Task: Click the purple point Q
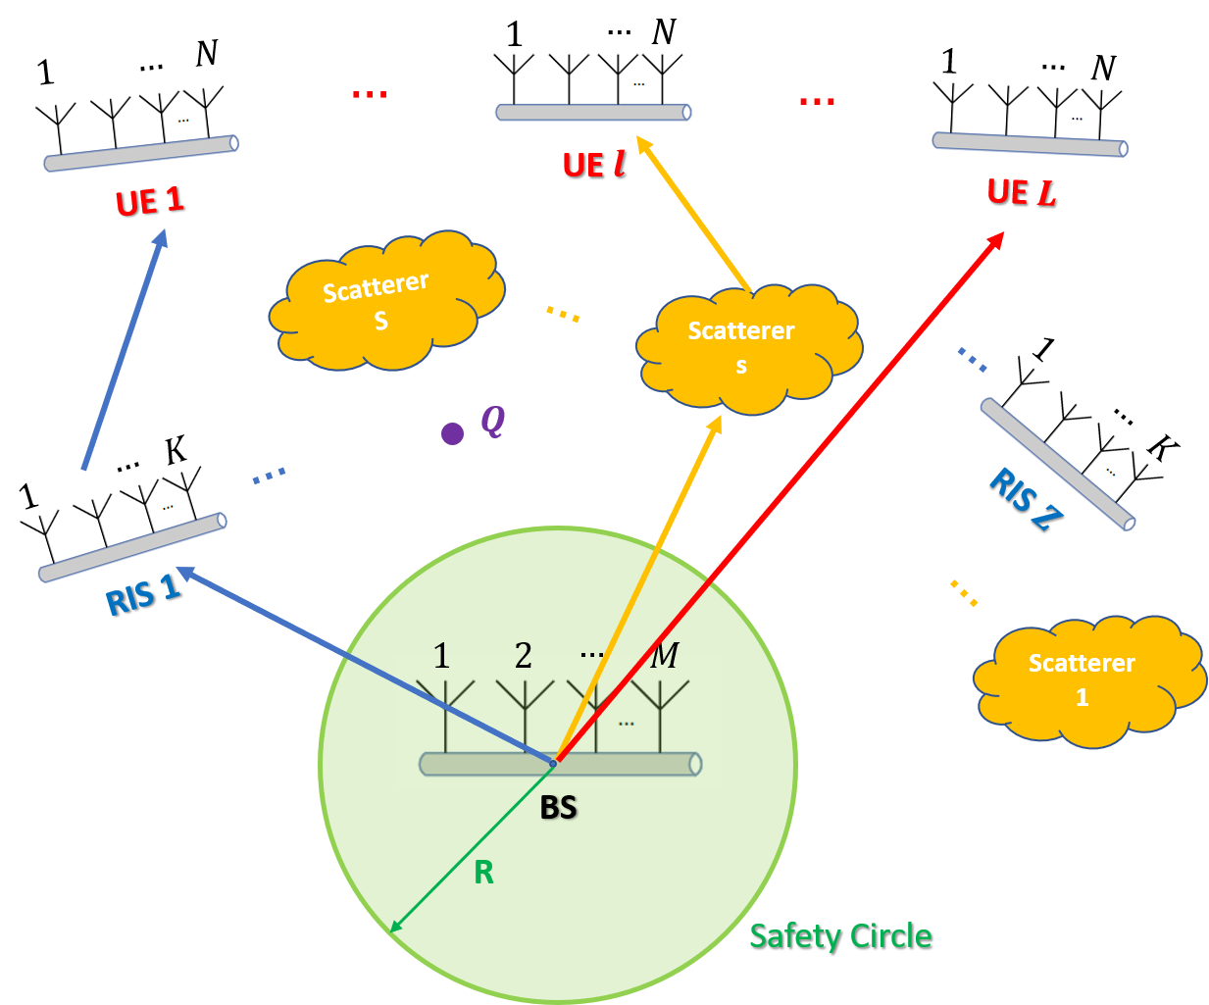[452, 433]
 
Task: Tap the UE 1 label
[149, 201]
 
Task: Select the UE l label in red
[593, 164]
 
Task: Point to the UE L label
[1021, 192]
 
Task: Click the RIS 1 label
[143, 594]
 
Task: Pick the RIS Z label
[1025, 499]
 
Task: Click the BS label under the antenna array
[559, 808]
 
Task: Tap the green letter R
[483, 873]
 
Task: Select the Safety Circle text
[840, 936]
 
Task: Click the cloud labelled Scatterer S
[382, 302]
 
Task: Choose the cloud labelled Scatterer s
[745, 348]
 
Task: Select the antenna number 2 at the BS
[524, 655]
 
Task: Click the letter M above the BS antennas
[665, 655]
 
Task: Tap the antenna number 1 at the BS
[441, 655]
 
